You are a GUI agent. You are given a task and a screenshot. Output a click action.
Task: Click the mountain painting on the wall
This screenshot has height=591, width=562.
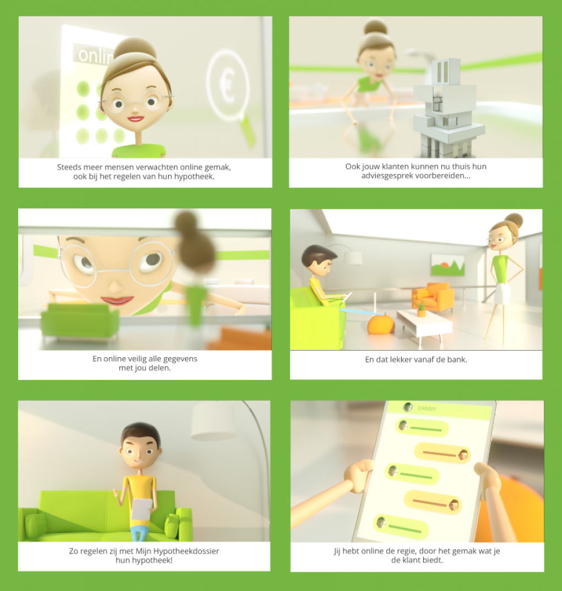tap(447, 264)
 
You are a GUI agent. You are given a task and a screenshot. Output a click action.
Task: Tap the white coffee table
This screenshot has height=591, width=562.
tap(424, 325)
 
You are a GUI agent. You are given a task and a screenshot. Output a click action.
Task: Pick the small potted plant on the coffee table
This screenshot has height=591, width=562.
tap(421, 309)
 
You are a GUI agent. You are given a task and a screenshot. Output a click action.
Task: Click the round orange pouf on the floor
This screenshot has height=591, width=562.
tap(380, 324)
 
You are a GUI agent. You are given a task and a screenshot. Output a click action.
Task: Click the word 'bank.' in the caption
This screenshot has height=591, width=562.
tap(457, 359)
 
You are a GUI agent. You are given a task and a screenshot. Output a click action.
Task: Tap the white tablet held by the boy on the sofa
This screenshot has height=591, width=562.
tap(142, 508)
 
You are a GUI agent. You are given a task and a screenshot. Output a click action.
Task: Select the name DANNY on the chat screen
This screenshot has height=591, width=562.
tap(427, 408)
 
